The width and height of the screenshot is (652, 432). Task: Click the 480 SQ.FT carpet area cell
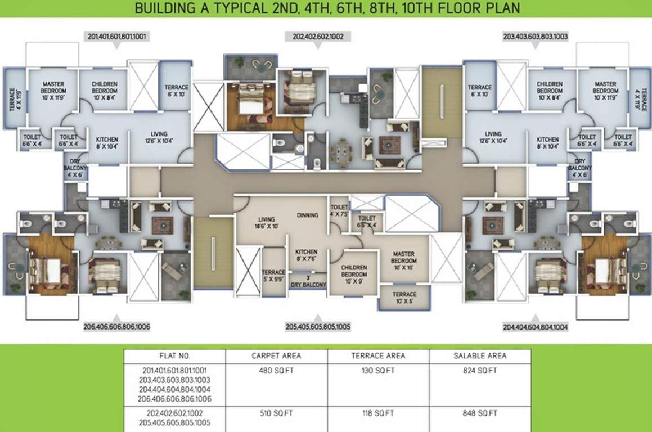point(276,371)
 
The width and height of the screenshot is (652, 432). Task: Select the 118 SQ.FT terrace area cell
point(378,413)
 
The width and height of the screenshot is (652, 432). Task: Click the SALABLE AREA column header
point(480,355)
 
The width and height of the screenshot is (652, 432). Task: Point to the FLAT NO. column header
point(175,355)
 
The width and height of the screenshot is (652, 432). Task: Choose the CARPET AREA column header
point(276,355)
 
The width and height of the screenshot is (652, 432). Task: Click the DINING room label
point(308,215)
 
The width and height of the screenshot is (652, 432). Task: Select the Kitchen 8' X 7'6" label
point(307,255)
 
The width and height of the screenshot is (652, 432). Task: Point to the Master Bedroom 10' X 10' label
point(404,261)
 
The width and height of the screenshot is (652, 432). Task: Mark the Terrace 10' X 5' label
point(404,298)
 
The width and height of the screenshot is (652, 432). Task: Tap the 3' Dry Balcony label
point(308,282)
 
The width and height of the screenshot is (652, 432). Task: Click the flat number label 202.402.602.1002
point(322,36)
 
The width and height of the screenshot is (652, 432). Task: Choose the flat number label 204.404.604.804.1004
point(534,326)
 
